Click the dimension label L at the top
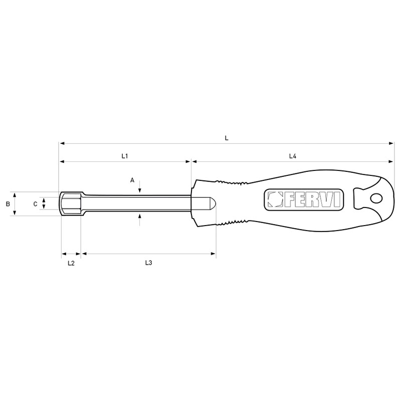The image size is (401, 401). [227, 138]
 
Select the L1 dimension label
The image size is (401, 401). [124, 156]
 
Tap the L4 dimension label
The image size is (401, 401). [293, 156]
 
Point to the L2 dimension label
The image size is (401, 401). [71, 263]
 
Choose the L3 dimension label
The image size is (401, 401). [148, 263]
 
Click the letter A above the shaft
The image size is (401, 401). [132, 180]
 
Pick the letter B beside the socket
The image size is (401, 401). [8, 204]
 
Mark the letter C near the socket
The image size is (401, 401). [36, 204]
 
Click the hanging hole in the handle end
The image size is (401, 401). [376, 198]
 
